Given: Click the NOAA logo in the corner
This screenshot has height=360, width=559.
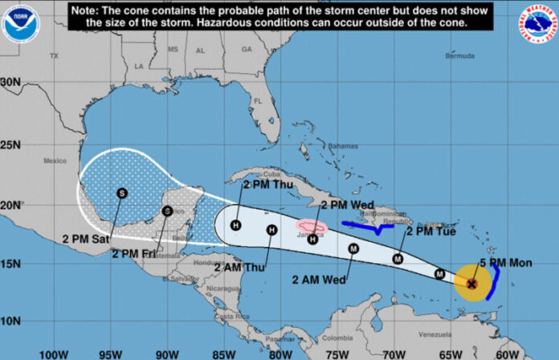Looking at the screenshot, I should [x=21, y=23].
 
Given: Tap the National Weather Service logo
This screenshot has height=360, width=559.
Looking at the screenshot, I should [x=537, y=23].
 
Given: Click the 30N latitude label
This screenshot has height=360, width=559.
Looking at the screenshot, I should [x=11, y=82].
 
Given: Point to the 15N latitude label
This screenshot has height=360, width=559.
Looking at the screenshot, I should [x=11, y=264].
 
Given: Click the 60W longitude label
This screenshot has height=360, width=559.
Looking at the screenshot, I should [x=507, y=352].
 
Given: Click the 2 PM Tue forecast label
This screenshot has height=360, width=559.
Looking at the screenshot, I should [x=430, y=231].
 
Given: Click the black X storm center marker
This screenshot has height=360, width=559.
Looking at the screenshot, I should [x=472, y=283].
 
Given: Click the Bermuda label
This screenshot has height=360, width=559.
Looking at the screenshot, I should [x=459, y=57].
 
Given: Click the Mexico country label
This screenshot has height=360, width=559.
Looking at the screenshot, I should [x=55, y=161].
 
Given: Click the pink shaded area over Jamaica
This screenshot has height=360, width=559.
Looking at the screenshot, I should [x=311, y=227].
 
